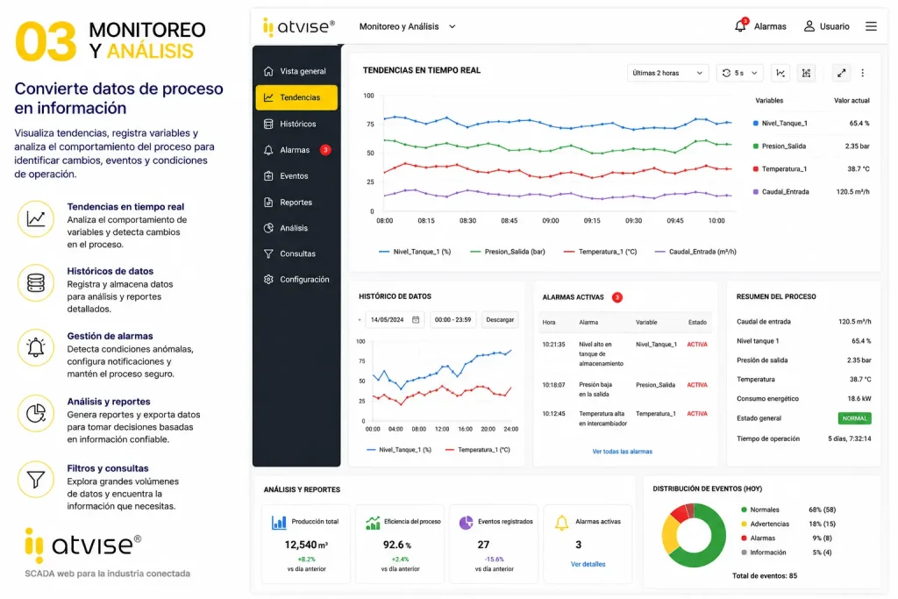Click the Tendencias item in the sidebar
[296, 97]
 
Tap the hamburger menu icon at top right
[871, 26]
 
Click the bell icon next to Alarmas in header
[740, 25]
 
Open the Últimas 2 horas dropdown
[667, 73]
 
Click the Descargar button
[500, 319]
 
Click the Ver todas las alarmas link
[622, 452]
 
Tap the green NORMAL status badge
[854, 418]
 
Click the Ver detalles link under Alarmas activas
[588, 564]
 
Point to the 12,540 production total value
[306, 545]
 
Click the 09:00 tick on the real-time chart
[551, 220]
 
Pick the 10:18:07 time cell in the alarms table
[554, 385]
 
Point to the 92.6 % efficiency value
[397, 545]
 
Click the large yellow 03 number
[46, 41]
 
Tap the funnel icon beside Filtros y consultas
[35, 480]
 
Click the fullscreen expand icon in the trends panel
[841, 73]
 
